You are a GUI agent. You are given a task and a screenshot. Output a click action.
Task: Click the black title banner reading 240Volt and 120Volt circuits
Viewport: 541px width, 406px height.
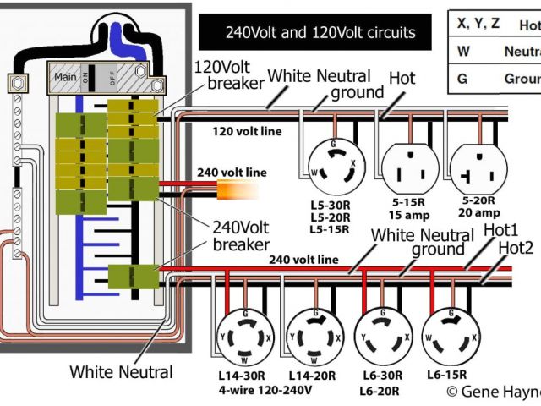[320, 33]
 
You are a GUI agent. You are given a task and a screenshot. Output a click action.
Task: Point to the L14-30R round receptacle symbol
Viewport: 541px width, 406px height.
[245, 336]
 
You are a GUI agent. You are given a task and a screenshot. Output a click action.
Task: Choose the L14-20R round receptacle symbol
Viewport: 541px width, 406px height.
[314, 337]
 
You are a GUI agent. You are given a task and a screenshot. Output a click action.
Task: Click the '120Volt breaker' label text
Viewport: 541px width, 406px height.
[227, 74]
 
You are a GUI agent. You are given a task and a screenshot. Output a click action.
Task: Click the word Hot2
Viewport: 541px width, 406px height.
[516, 247]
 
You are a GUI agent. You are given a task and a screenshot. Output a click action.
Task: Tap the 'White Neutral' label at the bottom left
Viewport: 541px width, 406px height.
[121, 371]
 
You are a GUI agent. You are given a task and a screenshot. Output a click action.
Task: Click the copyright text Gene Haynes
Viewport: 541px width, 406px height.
[493, 391]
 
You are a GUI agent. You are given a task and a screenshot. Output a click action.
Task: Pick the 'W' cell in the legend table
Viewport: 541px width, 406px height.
[462, 52]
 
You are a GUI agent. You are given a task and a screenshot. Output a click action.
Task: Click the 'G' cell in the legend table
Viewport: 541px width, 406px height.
[462, 79]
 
